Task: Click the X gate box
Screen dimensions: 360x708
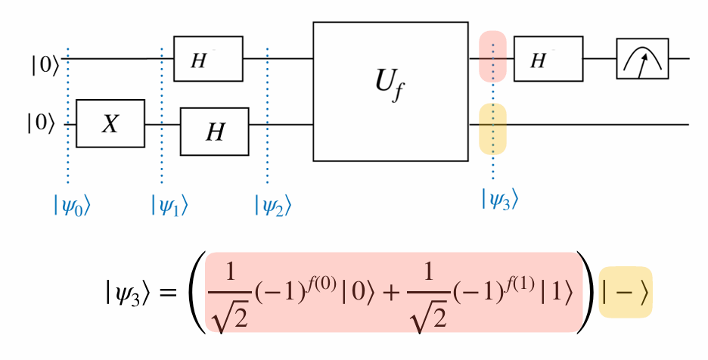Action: pyautogui.click(x=110, y=124)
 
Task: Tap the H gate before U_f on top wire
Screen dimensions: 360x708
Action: pyautogui.click(x=207, y=58)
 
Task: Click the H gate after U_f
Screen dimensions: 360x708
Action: pyautogui.click(x=548, y=58)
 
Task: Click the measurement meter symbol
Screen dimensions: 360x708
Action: pyautogui.click(x=642, y=58)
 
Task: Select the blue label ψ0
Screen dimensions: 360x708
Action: pyautogui.click(x=72, y=204)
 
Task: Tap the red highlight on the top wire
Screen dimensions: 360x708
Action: pyautogui.click(x=492, y=57)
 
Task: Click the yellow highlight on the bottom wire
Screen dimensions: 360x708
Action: pyautogui.click(x=492, y=129)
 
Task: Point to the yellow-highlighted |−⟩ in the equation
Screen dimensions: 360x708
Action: pyautogui.click(x=625, y=292)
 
